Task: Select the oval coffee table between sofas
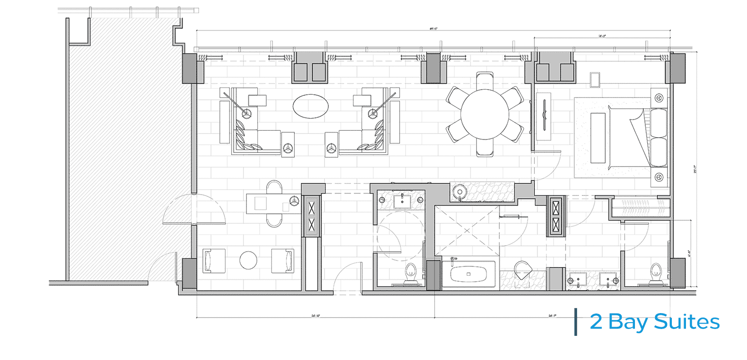tap(310, 106)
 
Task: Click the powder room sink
tap(402, 200)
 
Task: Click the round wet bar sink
tap(459, 191)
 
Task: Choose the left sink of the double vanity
tap(577, 279)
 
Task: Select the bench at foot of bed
tap(598, 138)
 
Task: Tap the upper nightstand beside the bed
tap(659, 98)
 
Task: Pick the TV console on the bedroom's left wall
tap(544, 116)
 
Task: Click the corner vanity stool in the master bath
tap(523, 269)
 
